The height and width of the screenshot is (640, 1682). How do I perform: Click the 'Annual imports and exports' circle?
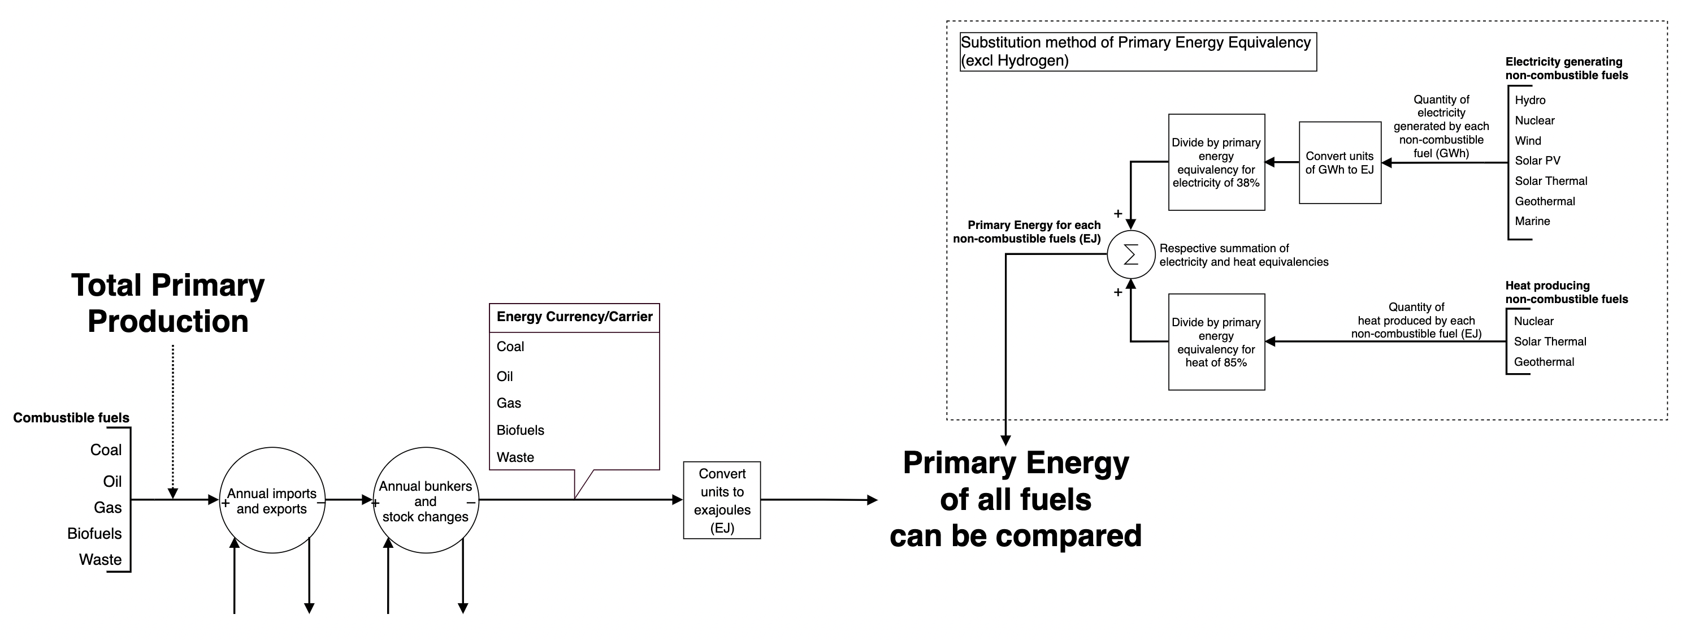click(272, 501)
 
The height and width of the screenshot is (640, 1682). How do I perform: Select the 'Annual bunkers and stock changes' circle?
click(425, 501)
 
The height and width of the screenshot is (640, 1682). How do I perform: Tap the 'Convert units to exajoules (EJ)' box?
click(722, 501)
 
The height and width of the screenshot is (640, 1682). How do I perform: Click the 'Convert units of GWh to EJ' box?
click(1339, 163)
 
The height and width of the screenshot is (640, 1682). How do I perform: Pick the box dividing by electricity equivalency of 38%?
click(1216, 163)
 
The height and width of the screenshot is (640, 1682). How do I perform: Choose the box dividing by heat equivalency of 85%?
click(1216, 342)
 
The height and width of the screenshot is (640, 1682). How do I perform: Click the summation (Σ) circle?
click(1131, 254)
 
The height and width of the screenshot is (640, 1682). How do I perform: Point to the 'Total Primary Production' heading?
click(168, 303)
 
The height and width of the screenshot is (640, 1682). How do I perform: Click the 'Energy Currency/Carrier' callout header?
click(575, 317)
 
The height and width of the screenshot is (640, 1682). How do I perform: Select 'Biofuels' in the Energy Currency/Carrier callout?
click(521, 430)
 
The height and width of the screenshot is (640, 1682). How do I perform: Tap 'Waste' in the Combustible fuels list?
click(101, 560)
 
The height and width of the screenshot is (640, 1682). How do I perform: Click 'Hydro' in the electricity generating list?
click(1530, 100)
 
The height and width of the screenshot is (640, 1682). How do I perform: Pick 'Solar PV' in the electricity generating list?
click(1537, 161)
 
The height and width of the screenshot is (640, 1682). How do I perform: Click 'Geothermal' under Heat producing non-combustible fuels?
click(1544, 362)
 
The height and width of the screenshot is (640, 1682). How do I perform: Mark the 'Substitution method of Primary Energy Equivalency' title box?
click(1137, 51)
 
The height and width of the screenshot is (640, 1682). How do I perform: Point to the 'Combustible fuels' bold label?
click(71, 418)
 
